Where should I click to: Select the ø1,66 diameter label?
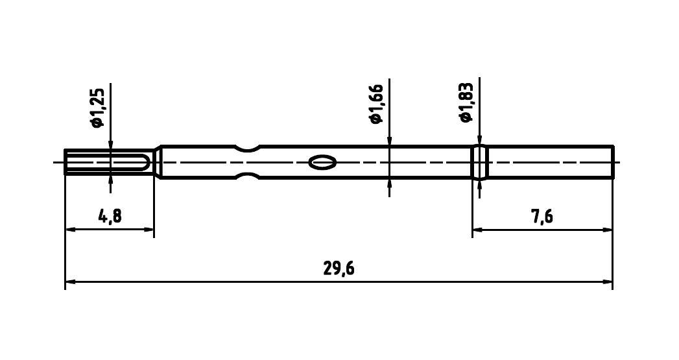376,103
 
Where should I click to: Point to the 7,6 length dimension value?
542,216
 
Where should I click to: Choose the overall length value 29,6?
339,269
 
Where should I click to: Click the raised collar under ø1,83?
479,162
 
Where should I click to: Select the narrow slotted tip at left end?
107,162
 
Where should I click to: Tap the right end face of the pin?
613,162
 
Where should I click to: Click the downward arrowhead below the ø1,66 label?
388,142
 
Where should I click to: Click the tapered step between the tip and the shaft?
157,162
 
